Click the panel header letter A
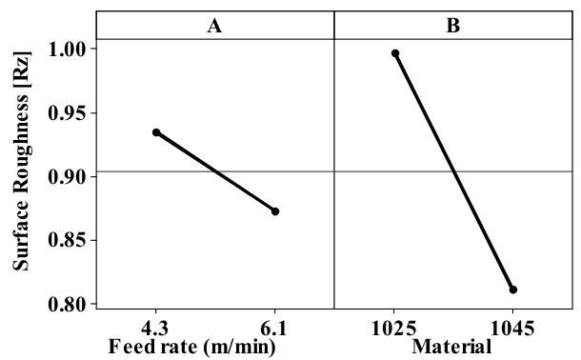[215, 27]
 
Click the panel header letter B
[453, 27]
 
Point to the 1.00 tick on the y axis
[68, 49]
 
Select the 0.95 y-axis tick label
[68, 112]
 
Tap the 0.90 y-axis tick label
[68, 176]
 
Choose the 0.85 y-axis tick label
[68, 240]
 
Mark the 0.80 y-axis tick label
[68, 304]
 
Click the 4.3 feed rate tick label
[156, 329]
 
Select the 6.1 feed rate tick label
[274, 329]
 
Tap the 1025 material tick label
[394, 329]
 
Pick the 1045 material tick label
[512, 329]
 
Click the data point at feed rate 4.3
[156, 132]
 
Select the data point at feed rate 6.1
[275, 210]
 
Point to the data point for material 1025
[394, 53]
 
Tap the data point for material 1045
[513, 290]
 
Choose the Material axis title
[453, 348]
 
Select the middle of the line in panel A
[215, 171]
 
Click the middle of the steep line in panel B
[453, 171]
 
